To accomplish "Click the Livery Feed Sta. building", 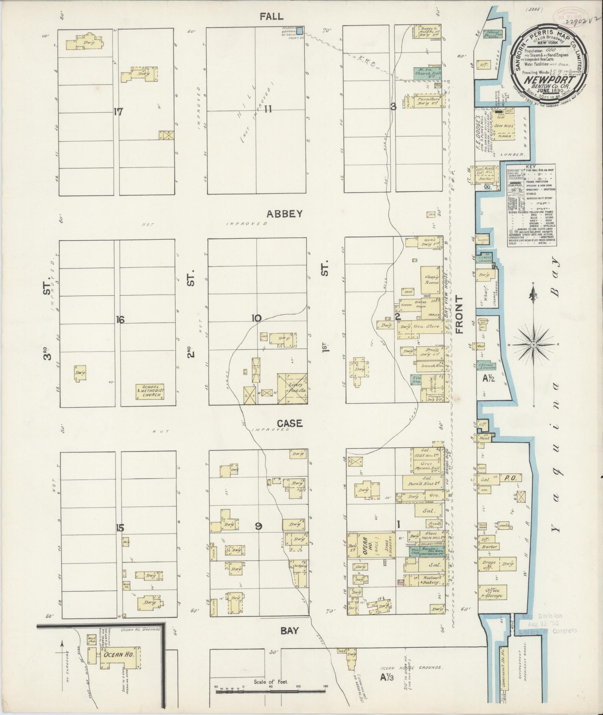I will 292,388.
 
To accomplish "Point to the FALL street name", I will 272,16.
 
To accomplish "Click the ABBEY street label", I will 284,214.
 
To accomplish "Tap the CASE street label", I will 289,423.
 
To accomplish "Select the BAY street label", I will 289,631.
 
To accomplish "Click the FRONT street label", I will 459,314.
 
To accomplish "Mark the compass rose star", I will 534,344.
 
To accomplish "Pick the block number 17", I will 118,111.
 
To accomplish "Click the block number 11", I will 268,109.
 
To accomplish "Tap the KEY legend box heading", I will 530,167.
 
